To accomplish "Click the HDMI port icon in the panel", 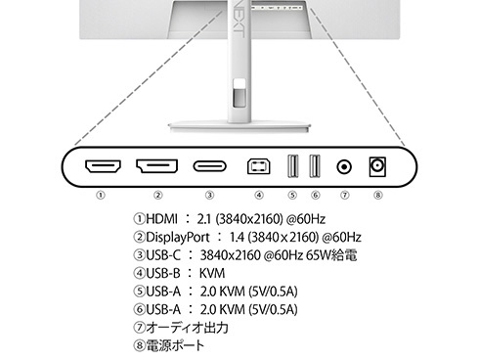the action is pyautogui.click(x=103, y=166).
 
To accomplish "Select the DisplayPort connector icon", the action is pyautogui.click(x=156, y=166).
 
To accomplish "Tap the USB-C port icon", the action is pyautogui.click(x=209, y=166).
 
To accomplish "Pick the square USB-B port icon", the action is pyautogui.click(x=258, y=166).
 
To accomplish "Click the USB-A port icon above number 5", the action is pyautogui.click(x=293, y=166).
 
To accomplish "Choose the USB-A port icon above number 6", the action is pyautogui.click(x=315, y=166).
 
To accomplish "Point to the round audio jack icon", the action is pyautogui.click(x=344, y=167).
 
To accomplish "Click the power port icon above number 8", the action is pyautogui.click(x=377, y=167).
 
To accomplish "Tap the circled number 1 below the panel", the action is pyautogui.click(x=101, y=196).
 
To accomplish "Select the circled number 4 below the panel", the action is pyautogui.click(x=259, y=196).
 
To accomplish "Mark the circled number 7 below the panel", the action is pyautogui.click(x=345, y=196).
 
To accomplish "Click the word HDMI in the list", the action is pyautogui.click(x=161, y=219).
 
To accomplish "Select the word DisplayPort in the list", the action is pyautogui.click(x=178, y=237).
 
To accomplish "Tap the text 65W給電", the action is pyautogui.click(x=331, y=255).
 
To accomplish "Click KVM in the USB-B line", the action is pyautogui.click(x=212, y=273).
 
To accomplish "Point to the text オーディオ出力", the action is pyautogui.click(x=187, y=328).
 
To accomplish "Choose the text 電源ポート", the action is pyautogui.click(x=175, y=345).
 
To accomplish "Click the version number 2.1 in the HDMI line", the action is pyautogui.click(x=204, y=219).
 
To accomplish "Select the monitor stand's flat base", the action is pyautogui.click(x=239, y=126).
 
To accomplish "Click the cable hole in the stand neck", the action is pyautogui.click(x=239, y=93).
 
